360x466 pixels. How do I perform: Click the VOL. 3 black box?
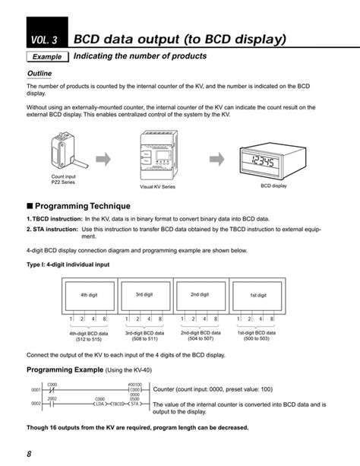coord(45,37)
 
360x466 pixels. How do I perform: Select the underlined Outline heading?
coord(39,74)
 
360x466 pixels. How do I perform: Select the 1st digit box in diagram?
coord(258,294)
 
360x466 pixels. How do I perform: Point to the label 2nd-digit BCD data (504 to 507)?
coord(202,337)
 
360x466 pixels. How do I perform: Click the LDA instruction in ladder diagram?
coord(99,404)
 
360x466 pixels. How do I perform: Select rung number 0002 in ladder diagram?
coord(35,404)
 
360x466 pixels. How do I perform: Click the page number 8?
coord(28,455)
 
